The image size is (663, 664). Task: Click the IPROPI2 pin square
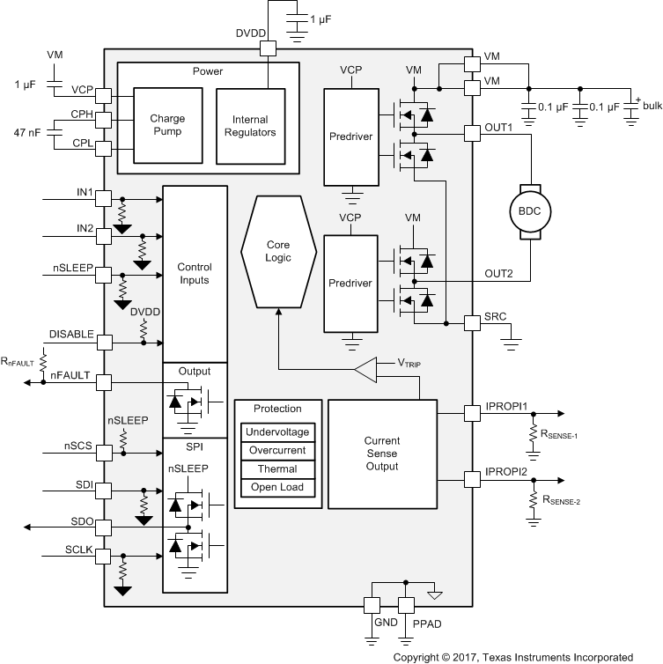click(x=472, y=478)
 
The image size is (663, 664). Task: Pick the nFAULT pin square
click(x=104, y=382)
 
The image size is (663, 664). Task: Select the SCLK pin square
click(x=104, y=556)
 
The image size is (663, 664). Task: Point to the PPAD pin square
click(x=406, y=605)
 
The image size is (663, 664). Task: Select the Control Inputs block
click(x=195, y=273)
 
